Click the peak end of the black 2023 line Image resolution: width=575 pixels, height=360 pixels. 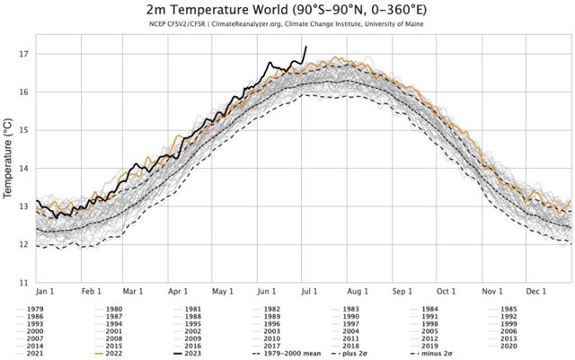[306, 47]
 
